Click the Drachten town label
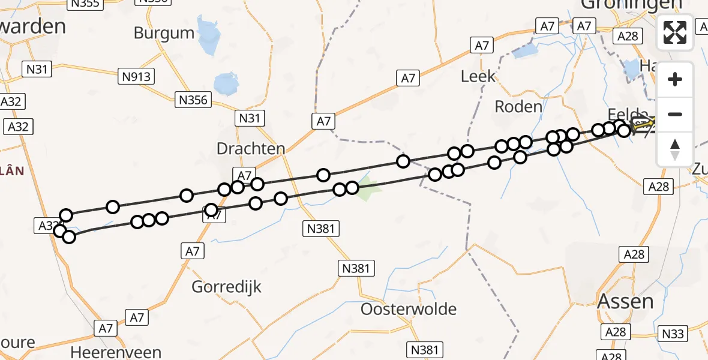[x=251, y=149]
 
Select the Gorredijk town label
[x=227, y=287]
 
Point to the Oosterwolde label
[x=409, y=309]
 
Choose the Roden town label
[x=518, y=107]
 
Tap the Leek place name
[x=478, y=76]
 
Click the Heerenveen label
[x=116, y=352]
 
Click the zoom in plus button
[x=675, y=79]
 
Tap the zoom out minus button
[x=675, y=114]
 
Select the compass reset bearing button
[x=675, y=149]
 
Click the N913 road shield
[x=136, y=76]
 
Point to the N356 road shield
[x=193, y=100]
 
